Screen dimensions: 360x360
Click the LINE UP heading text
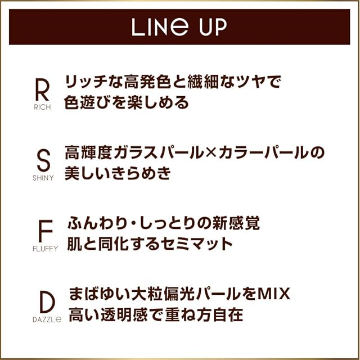pyautogui.click(x=179, y=27)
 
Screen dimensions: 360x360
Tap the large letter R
pyautogui.click(x=42, y=89)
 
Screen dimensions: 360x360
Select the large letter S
pyautogui.click(x=42, y=160)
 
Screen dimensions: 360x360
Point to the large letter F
pyautogui.click(x=45, y=231)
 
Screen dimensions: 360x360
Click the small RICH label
pyautogui.click(x=42, y=107)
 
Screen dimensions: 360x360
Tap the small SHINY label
pyautogui.click(x=42, y=178)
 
